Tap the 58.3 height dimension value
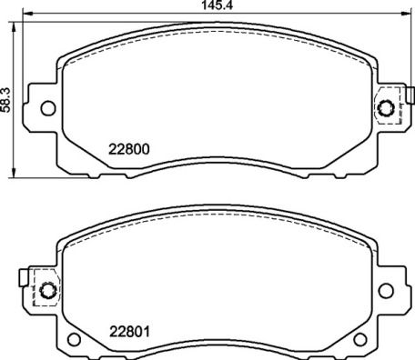pyautogui.click(x=7, y=97)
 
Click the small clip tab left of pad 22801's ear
pyautogui.click(x=23, y=274)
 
